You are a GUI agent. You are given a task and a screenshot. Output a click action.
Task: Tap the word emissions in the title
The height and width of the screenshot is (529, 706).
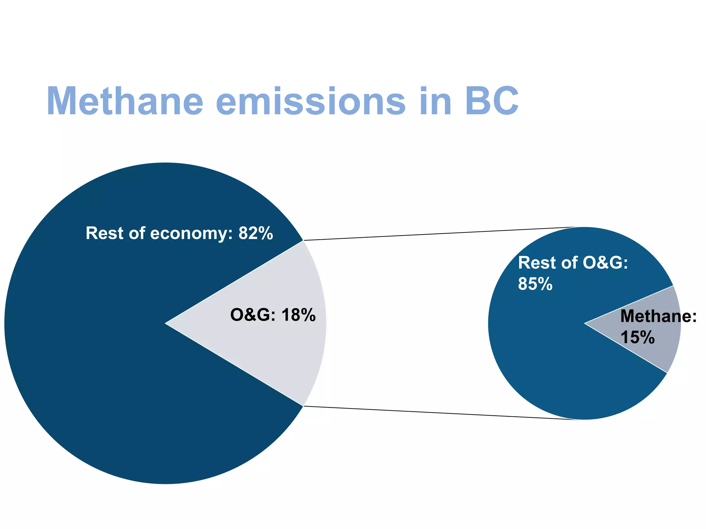pyautogui.click(x=311, y=101)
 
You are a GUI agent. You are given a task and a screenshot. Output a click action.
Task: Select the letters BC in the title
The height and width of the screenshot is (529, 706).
pyautogui.click(x=491, y=101)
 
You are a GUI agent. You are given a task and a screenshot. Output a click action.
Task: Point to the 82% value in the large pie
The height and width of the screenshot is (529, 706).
pyautogui.click(x=256, y=233)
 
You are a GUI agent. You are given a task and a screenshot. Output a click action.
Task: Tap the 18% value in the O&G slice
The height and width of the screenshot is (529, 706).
pyautogui.click(x=298, y=315)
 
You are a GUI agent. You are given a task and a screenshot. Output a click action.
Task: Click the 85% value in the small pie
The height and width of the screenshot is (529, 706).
pyautogui.click(x=535, y=284)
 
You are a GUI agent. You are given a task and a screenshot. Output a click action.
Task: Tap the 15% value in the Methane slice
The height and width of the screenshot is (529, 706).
pyautogui.click(x=637, y=337)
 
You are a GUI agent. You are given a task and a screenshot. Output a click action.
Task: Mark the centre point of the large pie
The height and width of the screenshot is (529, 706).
pyautogui.click(x=165, y=323)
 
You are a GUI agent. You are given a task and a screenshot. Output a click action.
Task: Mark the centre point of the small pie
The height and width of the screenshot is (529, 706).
pyautogui.click(x=585, y=323)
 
